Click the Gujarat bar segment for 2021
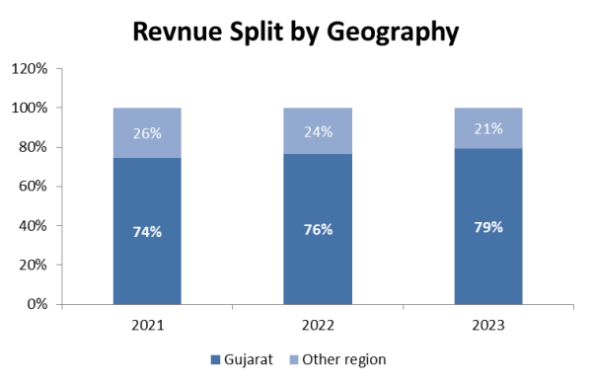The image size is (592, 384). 147,257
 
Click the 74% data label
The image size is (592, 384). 147,232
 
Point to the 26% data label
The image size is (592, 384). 147,131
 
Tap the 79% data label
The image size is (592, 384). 488,227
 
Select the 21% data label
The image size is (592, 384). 488,128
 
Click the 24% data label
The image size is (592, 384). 318,130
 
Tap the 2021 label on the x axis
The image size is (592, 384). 147,324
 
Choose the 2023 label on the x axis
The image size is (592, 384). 488,324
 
